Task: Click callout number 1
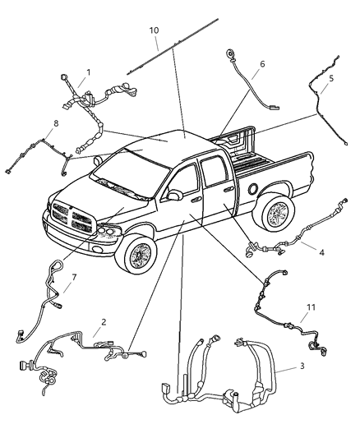[x=88, y=72]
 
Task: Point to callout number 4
[x=321, y=252]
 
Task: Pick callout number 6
[x=261, y=64]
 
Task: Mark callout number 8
[x=55, y=125]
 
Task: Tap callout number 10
[x=154, y=31]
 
